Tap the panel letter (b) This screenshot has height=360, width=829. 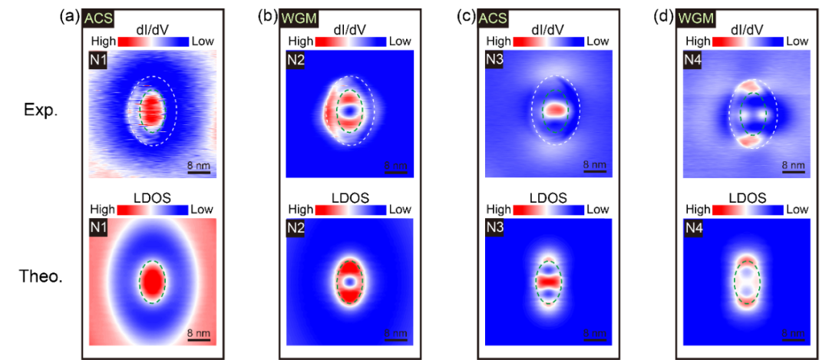point(268,15)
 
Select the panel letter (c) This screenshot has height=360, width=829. point(466,15)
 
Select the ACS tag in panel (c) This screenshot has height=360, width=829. point(494,16)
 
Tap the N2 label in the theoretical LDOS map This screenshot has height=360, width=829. point(296,228)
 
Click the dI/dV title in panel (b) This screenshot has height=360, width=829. point(348,28)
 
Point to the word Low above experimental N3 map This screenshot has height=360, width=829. point(597,40)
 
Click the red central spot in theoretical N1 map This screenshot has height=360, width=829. point(153,282)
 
